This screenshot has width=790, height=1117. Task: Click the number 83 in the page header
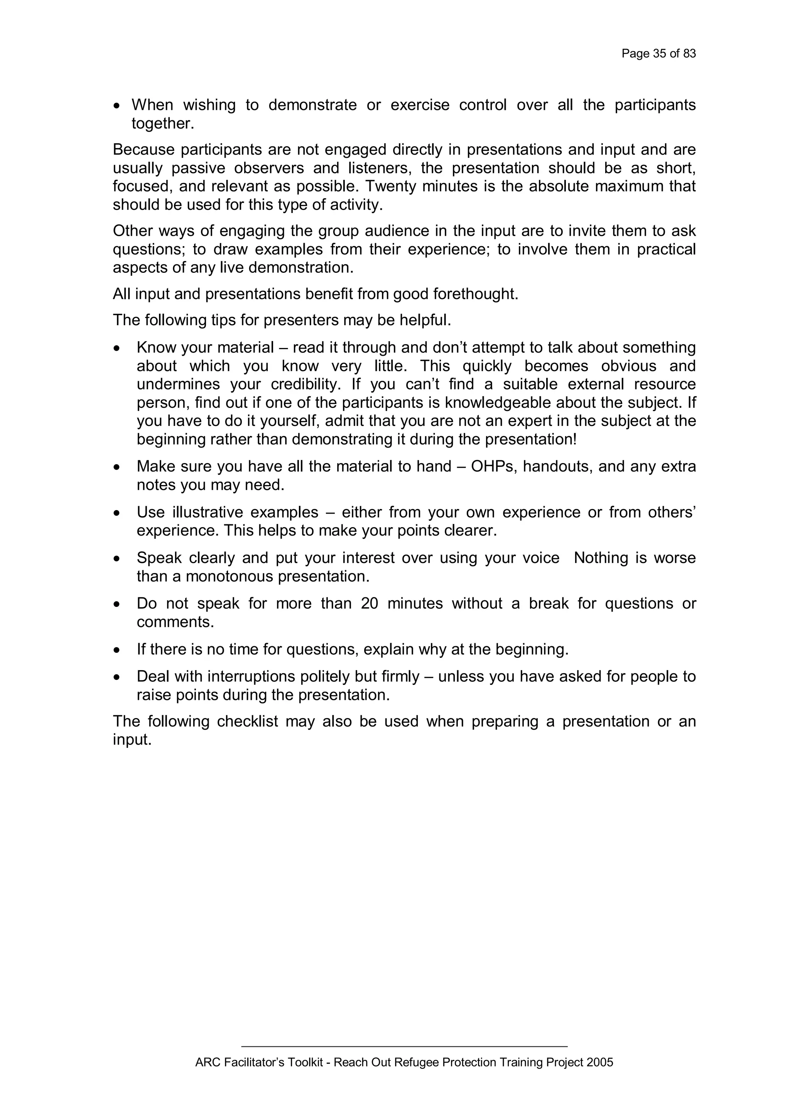(689, 54)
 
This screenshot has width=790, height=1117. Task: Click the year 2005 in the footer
(600, 1063)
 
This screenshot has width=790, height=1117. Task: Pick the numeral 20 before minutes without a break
(370, 604)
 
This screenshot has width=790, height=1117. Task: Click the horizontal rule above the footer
(404, 1046)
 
